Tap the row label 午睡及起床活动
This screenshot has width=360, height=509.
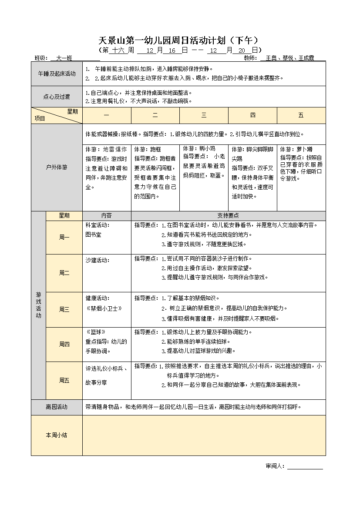(57, 74)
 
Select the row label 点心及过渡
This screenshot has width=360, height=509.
(57, 97)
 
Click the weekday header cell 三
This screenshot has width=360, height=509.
(204, 115)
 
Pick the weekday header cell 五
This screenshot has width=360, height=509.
(301, 115)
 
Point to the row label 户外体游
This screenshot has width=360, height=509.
(57, 167)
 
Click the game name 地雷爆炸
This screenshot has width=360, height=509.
(115, 149)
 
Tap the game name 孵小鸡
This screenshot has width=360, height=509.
(207, 148)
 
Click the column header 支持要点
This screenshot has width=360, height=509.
(228, 215)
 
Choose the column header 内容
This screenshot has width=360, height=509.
(107, 215)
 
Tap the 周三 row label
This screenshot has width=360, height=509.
(64, 309)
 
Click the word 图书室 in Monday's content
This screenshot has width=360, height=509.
(93, 234)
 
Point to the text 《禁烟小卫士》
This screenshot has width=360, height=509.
(104, 308)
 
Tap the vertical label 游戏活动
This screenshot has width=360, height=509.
(38, 305)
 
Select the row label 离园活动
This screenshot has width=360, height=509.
(57, 407)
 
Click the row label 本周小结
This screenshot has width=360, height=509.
(57, 435)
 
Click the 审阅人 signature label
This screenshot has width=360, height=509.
(275, 466)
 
